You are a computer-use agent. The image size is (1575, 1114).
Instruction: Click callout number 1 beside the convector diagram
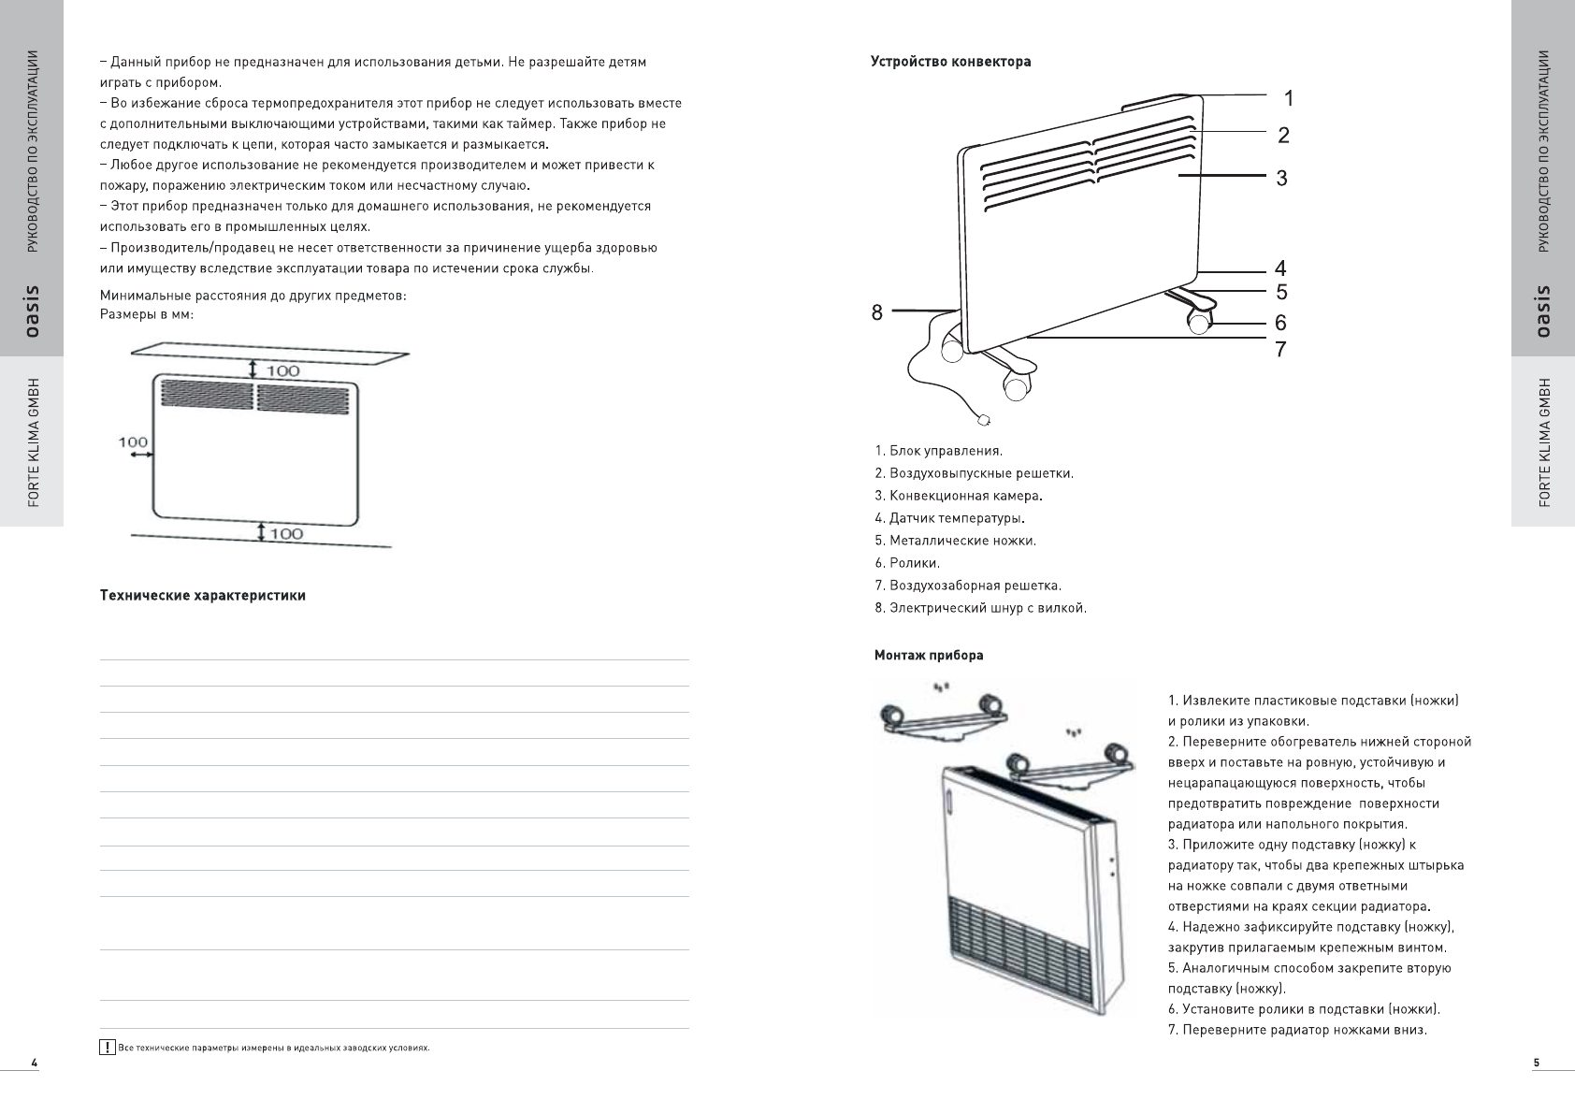pos(1288,98)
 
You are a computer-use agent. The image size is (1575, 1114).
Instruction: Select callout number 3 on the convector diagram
pos(1281,178)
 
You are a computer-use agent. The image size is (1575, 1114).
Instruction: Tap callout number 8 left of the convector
pos(877,313)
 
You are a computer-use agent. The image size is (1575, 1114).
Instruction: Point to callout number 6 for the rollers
pos(1280,324)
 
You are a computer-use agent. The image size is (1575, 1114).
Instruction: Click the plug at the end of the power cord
pos(983,420)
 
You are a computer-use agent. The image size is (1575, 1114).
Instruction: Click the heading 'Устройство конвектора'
pos(950,62)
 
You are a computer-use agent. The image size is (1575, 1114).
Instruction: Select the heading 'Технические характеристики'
pos(203,595)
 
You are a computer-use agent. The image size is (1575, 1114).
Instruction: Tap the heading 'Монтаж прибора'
pos(929,655)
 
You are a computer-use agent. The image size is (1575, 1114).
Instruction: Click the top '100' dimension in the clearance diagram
pos(283,371)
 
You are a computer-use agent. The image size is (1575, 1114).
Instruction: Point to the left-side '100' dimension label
pos(134,441)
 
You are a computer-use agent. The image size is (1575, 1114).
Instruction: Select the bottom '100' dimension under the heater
pos(286,533)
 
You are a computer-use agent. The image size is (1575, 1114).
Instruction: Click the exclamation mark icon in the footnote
pos(108,1048)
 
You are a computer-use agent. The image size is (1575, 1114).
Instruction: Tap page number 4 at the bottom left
pos(34,1063)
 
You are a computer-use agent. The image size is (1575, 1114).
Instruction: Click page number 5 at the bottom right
pos(1536,1063)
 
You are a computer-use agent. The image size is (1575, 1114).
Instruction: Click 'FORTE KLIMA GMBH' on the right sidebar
pos(1544,442)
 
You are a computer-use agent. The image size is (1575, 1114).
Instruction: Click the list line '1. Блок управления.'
pos(938,451)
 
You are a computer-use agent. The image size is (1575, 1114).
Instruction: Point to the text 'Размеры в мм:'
pos(147,314)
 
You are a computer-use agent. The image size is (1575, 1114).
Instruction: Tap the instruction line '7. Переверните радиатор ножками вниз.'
pos(1297,1030)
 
